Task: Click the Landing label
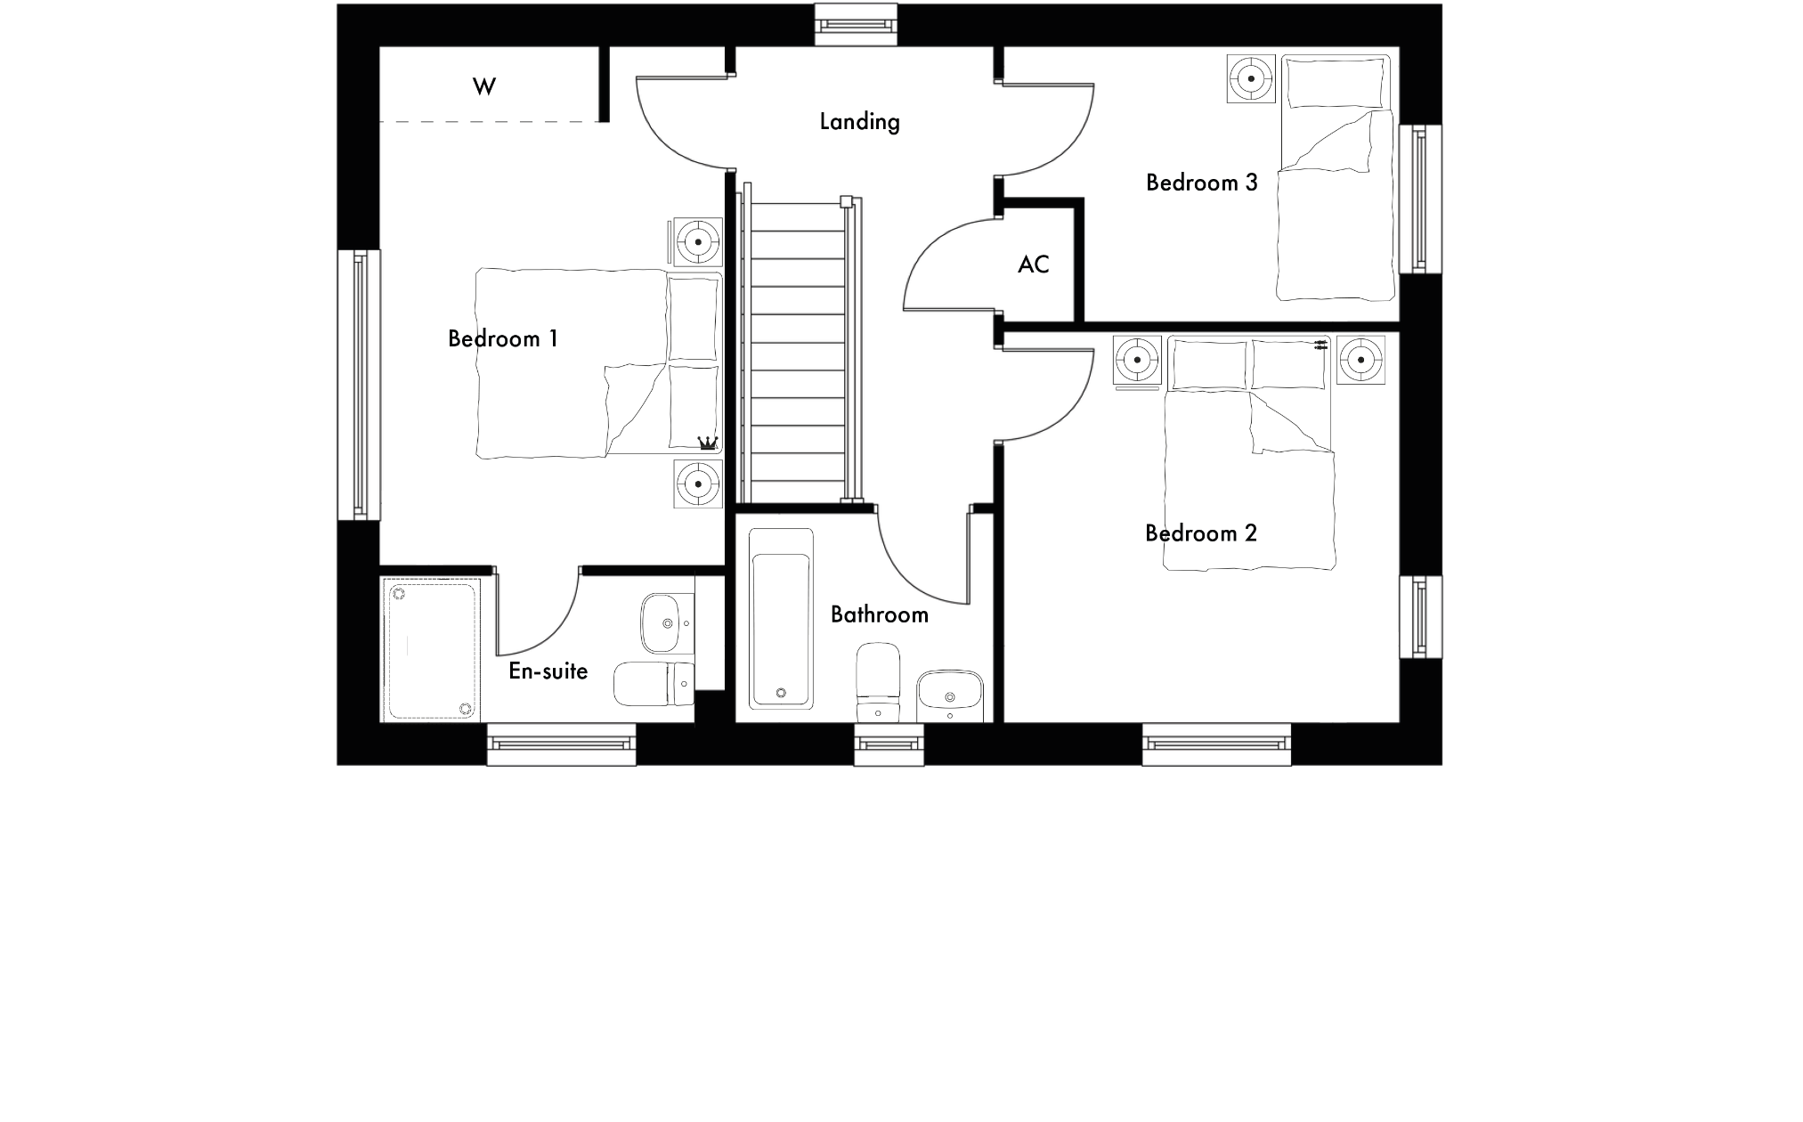click(859, 122)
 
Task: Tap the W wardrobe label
click(484, 86)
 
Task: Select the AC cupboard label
click(1034, 264)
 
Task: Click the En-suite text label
click(548, 671)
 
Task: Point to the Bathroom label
click(880, 614)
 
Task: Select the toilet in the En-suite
click(654, 683)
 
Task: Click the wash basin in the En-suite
click(660, 622)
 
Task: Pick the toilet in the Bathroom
click(878, 681)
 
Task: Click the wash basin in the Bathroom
click(950, 695)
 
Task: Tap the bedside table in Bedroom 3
click(1252, 79)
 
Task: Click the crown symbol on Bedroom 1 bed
click(708, 442)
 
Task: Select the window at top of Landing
click(856, 24)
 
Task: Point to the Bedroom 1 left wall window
click(359, 385)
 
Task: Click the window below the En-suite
click(561, 744)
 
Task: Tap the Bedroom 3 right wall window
click(1420, 199)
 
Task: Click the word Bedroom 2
click(1201, 533)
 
